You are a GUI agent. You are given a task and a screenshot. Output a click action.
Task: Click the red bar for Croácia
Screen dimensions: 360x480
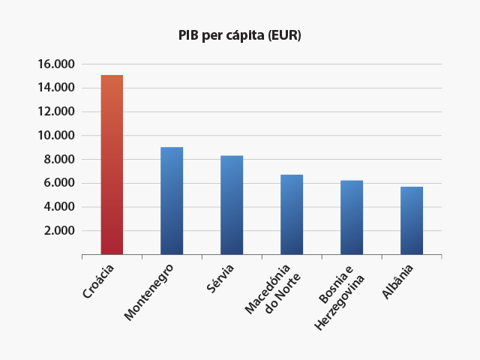(112, 165)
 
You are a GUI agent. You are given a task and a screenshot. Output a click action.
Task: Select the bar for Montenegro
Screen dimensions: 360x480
(172, 201)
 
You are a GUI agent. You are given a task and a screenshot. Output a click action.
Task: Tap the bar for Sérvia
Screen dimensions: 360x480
(232, 205)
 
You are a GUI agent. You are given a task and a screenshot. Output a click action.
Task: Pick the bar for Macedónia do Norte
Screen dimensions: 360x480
(292, 214)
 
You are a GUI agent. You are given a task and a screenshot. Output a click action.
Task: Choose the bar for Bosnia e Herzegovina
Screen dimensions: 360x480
(352, 217)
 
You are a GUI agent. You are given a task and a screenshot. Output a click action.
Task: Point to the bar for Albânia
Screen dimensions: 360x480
(412, 220)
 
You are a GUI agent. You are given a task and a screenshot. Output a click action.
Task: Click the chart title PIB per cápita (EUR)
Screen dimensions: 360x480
(239, 35)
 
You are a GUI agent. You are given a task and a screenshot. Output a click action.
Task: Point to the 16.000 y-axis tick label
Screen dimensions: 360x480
(55, 64)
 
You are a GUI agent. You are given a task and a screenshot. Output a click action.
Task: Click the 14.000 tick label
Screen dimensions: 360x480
(55, 88)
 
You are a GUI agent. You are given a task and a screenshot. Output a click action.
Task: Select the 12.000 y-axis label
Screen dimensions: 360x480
(55, 112)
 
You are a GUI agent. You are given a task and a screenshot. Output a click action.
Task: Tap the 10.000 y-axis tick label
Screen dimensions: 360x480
(55, 136)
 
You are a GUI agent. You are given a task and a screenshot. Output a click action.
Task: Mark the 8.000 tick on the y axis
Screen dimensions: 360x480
(58, 159)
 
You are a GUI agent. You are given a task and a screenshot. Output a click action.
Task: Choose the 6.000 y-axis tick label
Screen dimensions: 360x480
(58, 183)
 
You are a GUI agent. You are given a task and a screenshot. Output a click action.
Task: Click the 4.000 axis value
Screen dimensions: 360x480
(58, 207)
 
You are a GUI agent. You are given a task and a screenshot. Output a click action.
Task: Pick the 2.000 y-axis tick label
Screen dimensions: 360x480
(58, 230)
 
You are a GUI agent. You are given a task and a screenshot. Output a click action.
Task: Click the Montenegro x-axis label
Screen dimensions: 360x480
(149, 292)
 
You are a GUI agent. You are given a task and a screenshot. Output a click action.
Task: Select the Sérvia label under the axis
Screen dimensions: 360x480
(220, 277)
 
